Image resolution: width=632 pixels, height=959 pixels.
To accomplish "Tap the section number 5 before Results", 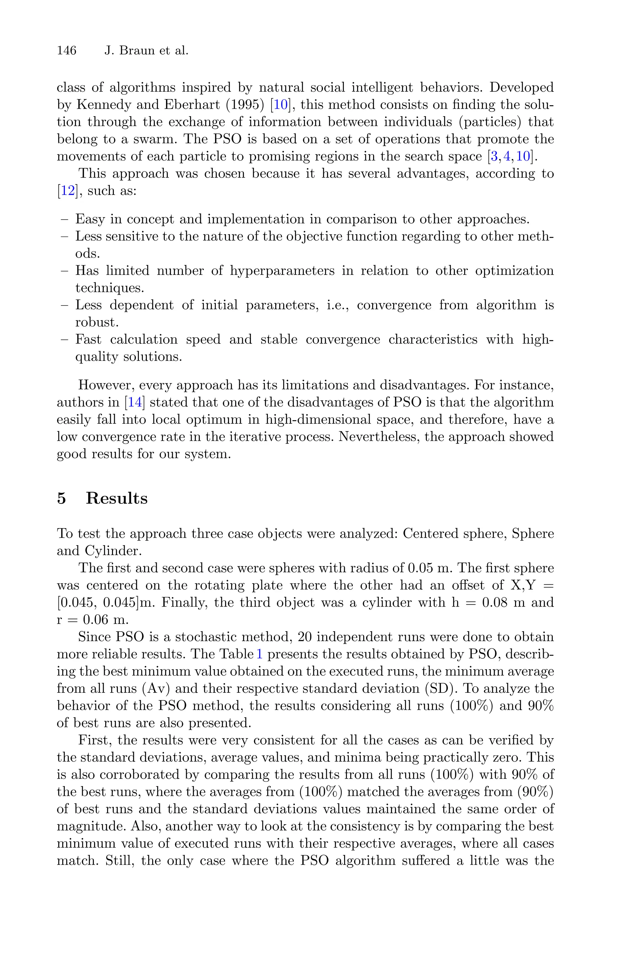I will pos(61,498).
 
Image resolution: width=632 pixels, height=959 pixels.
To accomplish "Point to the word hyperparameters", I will pos(282,271).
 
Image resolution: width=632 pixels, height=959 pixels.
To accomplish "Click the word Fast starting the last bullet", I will pos(88,339).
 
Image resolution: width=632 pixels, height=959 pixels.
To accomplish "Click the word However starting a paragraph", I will pos(106,385).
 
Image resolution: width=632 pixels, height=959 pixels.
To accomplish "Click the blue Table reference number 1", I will pos(260,654).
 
